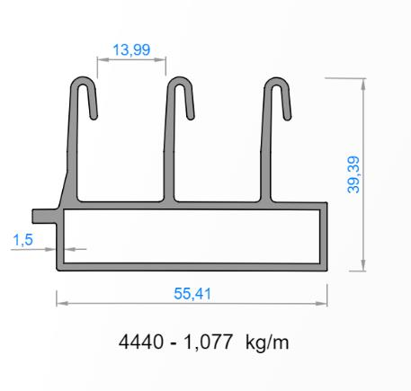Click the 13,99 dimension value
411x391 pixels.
pyautogui.click(x=131, y=50)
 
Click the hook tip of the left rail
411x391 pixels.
pyautogui.click(x=94, y=115)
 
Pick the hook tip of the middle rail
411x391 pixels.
pyautogui.click(x=190, y=115)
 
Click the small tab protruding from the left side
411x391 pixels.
pyautogui.click(x=41, y=216)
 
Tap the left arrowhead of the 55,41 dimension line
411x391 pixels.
pyautogui.click(x=60, y=304)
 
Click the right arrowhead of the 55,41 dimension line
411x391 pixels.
pyautogui.click(x=326, y=304)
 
